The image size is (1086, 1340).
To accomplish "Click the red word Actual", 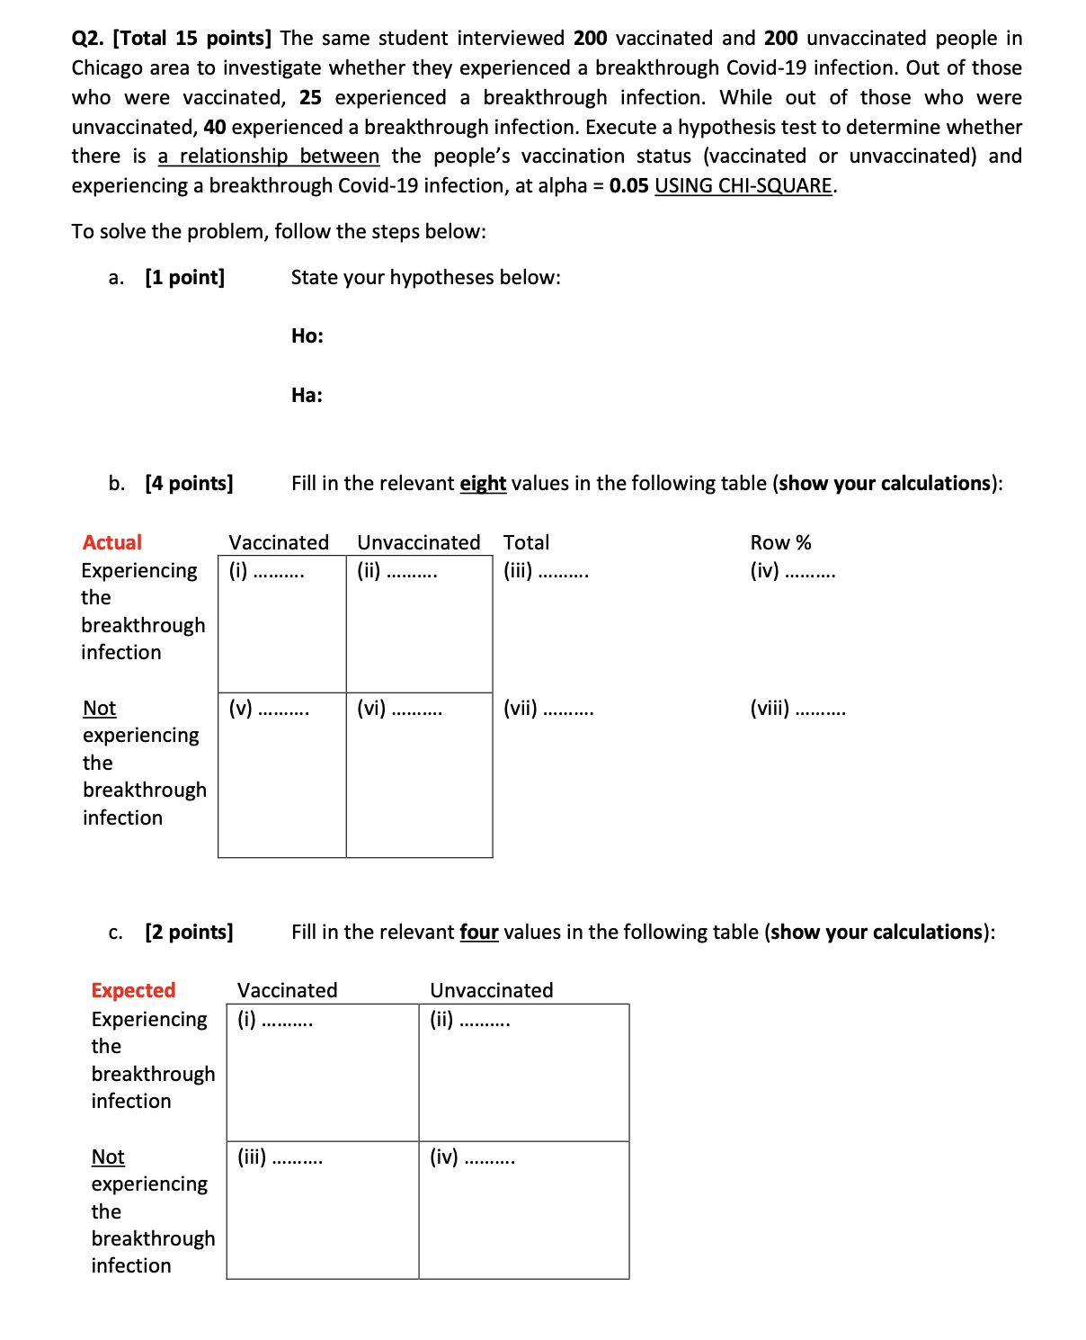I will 111,542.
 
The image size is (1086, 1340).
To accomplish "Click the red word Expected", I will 133,990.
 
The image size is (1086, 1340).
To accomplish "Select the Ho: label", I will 307,336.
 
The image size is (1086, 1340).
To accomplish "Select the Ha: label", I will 307,396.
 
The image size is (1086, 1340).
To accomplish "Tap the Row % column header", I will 780,542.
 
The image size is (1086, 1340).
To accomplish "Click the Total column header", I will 526,542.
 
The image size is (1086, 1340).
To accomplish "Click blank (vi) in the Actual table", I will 399,709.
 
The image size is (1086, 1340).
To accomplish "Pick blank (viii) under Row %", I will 797,709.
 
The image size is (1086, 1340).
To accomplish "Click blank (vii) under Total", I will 548,709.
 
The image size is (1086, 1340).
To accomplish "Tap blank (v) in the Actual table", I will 269,709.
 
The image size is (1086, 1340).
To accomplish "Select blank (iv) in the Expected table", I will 472,1157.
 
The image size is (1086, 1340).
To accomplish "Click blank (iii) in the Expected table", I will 280,1157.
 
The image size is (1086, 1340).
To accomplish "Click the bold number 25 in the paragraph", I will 310,97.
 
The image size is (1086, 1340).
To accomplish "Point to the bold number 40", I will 215,127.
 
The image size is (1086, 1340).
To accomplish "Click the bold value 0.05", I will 628,185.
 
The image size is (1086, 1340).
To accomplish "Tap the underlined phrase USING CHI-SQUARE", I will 743,185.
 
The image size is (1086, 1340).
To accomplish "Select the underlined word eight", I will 483,484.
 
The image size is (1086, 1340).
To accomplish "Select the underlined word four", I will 478,933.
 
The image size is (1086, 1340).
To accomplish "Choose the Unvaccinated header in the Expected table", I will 491,990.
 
